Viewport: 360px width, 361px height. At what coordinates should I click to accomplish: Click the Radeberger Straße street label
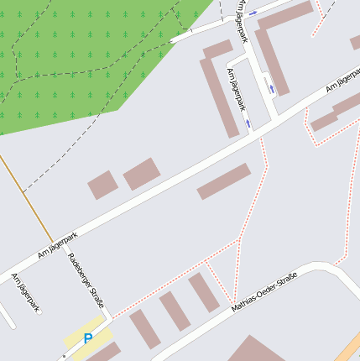[86, 280]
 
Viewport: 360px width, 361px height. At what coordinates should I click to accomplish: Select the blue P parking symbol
[88, 338]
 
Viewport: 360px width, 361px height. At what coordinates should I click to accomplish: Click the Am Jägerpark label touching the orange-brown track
[58, 243]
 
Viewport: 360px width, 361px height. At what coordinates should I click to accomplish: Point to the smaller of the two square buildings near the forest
[102, 185]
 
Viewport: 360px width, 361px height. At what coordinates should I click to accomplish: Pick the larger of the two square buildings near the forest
[142, 174]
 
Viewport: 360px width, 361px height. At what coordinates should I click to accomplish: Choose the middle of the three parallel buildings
[175, 311]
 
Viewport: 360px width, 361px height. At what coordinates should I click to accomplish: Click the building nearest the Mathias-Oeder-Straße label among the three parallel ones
[203, 292]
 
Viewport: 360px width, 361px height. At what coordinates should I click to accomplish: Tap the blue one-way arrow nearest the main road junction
[248, 123]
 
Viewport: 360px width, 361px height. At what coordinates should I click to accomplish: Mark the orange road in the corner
[350, 348]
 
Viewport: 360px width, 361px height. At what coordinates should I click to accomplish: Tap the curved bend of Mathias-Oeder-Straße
[323, 269]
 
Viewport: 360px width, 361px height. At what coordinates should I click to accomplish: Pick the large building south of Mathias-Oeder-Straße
[256, 351]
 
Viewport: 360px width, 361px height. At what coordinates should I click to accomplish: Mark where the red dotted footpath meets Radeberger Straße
[111, 317]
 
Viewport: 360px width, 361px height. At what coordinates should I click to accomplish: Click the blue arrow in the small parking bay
[269, 86]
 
